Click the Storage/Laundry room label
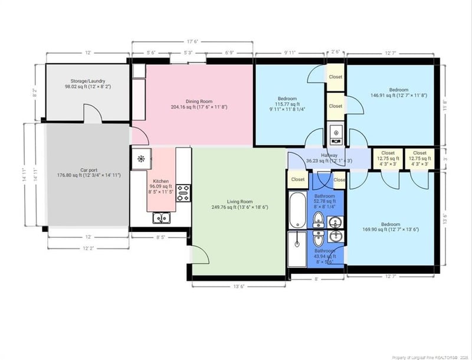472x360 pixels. tap(88, 83)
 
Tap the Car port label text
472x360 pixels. tap(88, 172)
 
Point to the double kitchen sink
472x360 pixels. tap(160, 218)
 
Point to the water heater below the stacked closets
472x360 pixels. tap(335, 133)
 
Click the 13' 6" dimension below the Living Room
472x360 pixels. tap(239, 286)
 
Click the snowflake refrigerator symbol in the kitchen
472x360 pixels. tap(141, 158)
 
